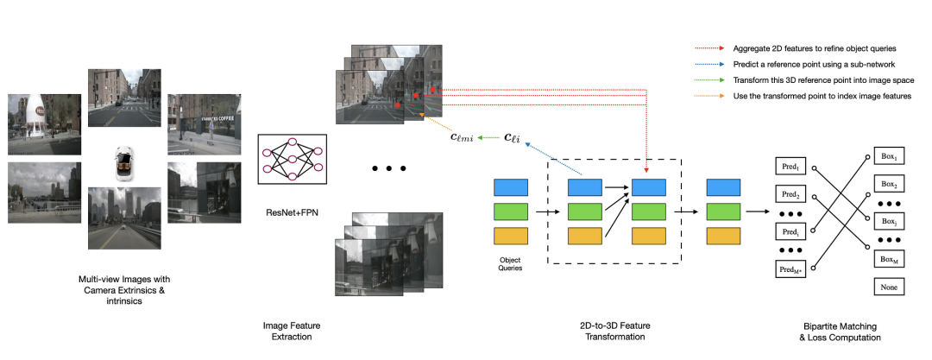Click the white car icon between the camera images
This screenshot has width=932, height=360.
coord(124,164)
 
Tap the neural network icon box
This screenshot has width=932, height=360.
coord(292,159)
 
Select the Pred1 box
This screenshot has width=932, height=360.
coord(790,166)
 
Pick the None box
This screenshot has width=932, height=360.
coord(889,287)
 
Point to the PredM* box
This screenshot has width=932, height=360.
coord(790,270)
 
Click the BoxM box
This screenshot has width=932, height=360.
coord(889,259)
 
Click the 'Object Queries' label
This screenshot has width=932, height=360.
coord(511,263)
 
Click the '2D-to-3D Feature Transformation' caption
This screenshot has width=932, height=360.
coord(614,332)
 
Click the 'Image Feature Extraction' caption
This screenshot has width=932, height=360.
coord(287,332)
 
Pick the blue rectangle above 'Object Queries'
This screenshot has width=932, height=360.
coord(511,187)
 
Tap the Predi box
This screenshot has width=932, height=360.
coord(790,231)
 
